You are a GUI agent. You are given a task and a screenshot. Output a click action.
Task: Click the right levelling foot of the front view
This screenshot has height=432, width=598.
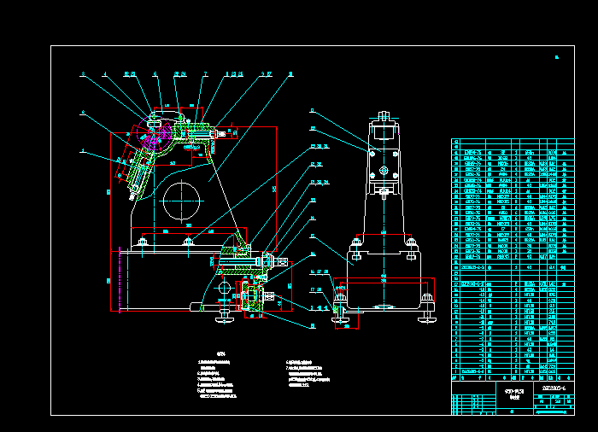(426, 318)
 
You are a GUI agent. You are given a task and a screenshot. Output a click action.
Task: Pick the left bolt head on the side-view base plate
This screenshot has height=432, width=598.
(142, 245)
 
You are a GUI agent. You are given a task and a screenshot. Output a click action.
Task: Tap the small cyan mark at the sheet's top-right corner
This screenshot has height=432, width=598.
(556, 58)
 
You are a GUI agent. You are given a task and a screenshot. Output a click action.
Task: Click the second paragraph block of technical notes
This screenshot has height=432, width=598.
(308, 374)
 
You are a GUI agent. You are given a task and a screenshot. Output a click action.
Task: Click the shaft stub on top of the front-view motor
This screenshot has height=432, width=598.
(384, 114)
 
